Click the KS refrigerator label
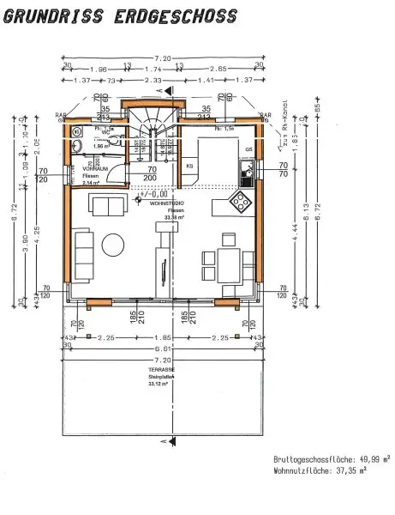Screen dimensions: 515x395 coord(189,164)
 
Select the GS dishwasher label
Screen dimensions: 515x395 coord(248,148)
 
